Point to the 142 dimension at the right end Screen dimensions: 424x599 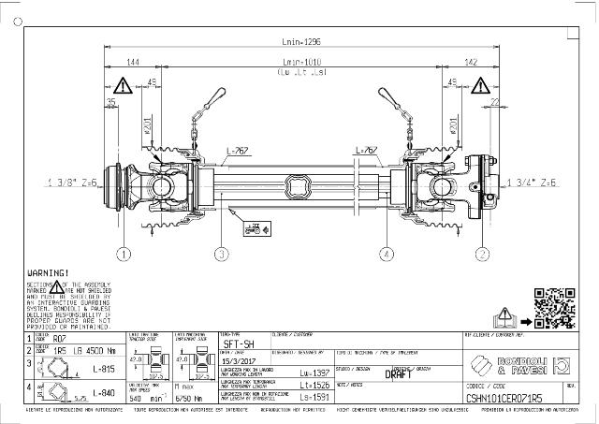click(471, 64)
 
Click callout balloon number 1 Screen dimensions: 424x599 click(124, 253)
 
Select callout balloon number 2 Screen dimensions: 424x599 click(482, 253)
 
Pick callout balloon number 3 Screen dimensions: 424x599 click(221, 253)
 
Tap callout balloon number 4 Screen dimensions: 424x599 click(385, 253)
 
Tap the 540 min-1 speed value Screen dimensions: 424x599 click(141, 397)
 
